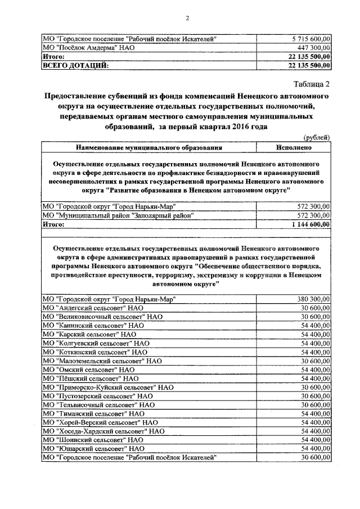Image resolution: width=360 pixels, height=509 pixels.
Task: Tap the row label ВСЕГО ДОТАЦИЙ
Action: (75, 65)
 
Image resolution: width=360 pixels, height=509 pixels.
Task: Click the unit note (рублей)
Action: (317, 138)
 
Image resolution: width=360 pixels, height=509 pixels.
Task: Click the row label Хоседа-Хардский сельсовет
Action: (103, 430)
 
